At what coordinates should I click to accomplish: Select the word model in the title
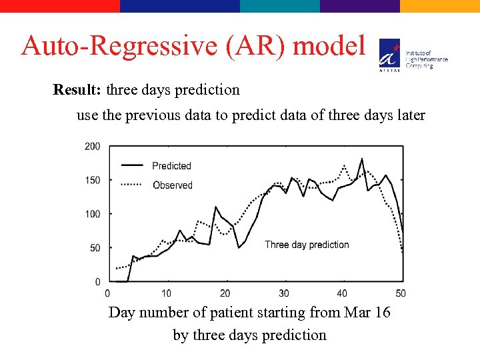point(329,47)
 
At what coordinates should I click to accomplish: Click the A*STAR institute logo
point(390,54)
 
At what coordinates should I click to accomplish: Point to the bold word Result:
point(77,89)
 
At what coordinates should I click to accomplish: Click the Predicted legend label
point(171,166)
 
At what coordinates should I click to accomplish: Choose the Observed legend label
point(172,185)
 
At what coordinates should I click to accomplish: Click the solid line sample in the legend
point(131,165)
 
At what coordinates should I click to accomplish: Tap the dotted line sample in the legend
point(131,185)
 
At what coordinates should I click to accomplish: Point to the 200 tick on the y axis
point(93,146)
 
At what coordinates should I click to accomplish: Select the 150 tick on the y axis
point(93,180)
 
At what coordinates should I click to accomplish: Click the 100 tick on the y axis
point(93,214)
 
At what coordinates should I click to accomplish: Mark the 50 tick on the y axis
point(95,248)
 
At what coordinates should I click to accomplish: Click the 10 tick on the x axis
point(166,293)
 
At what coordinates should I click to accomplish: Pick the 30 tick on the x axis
point(283,293)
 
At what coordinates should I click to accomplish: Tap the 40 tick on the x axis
point(342,293)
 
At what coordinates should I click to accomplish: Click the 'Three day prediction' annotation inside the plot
point(307,245)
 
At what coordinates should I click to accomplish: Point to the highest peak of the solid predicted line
point(362,159)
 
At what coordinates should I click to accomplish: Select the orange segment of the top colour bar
point(440,6)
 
